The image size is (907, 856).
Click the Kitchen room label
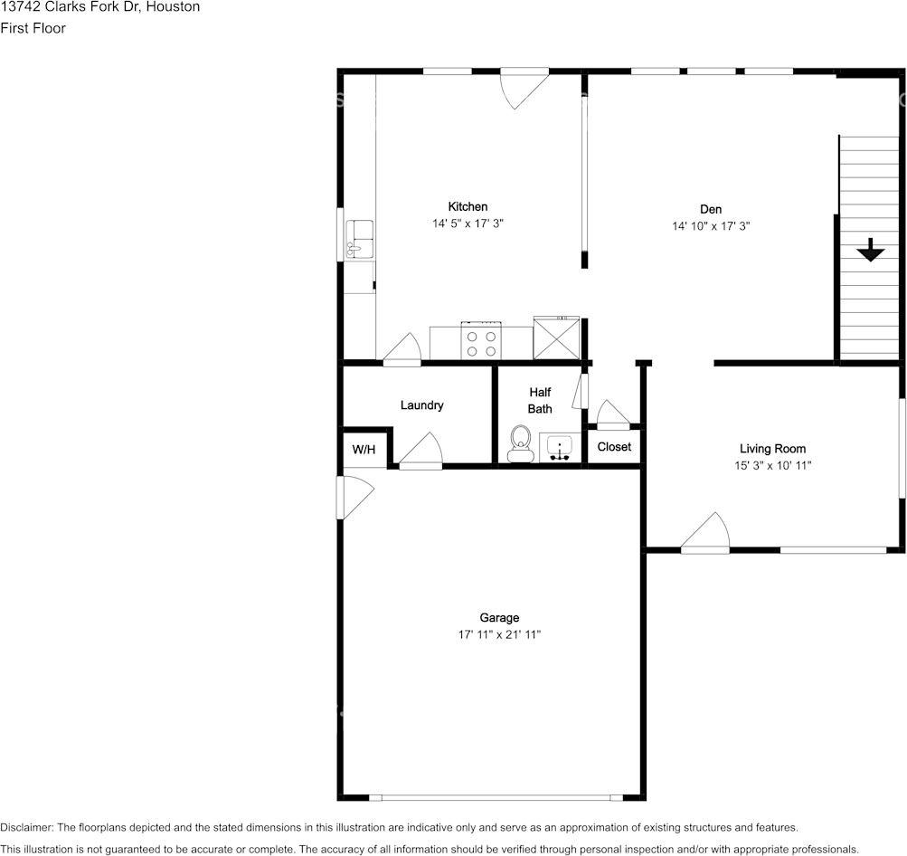468,206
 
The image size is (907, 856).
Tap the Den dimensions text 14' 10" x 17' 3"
711,226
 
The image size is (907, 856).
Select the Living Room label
772,449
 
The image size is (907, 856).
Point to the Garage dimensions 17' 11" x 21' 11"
499,634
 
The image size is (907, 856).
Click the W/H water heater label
364,450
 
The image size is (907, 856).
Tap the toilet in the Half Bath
521,444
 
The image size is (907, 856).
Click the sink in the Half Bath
560,447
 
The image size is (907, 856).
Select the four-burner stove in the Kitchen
481,341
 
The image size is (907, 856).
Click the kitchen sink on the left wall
359,239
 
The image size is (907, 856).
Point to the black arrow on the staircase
870,250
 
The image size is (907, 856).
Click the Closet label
614,447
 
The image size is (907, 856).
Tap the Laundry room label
421,405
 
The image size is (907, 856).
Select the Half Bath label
540,401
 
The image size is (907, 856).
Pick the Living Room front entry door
705,532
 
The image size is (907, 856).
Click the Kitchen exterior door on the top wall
524,89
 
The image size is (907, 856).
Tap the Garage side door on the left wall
355,498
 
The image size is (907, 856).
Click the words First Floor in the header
33,28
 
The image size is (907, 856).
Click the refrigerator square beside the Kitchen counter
556,338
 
